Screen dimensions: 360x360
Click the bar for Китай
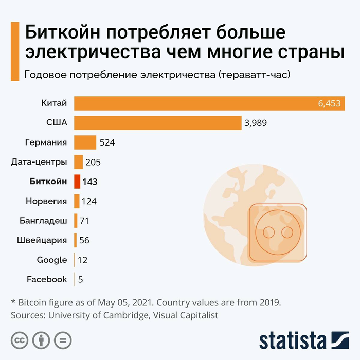click(195, 103)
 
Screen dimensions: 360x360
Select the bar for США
click(157, 123)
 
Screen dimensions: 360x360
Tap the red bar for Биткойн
click(77, 182)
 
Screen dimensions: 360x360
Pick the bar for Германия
click(85, 142)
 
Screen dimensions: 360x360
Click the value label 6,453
click(329, 103)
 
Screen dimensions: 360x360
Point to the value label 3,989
click(256, 123)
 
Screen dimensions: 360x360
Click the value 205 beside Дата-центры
click(93, 162)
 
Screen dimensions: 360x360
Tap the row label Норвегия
click(46, 201)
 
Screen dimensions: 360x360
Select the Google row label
click(52, 260)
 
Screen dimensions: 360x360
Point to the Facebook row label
click(47, 279)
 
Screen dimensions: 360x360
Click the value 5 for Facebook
click(81, 279)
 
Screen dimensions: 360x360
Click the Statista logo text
click(293, 340)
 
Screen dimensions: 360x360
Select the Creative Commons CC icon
click(20, 340)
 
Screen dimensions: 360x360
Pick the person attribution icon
click(41, 340)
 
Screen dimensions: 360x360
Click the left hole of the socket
click(268, 233)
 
